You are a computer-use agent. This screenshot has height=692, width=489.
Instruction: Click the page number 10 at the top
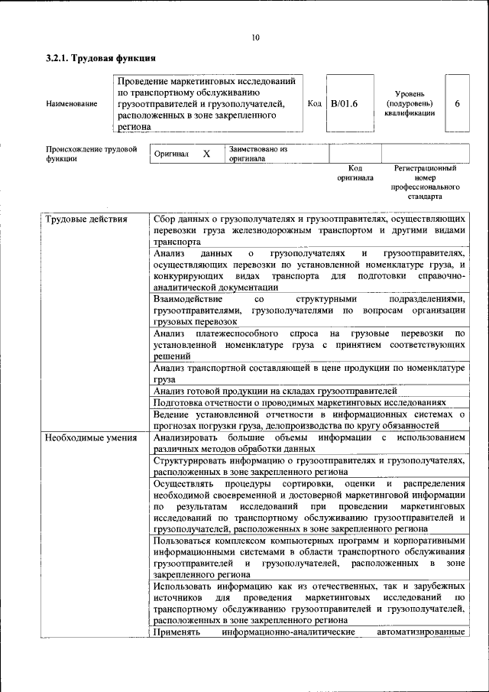click(255, 37)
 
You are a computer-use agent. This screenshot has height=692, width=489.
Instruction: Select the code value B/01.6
click(344, 103)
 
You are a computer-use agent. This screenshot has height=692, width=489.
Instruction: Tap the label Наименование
click(72, 103)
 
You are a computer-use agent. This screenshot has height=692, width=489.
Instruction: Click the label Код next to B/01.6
click(314, 103)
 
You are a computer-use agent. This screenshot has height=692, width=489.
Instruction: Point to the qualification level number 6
click(457, 103)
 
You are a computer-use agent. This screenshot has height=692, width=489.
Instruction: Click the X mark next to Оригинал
click(206, 154)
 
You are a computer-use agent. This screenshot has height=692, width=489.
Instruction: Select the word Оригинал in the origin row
click(172, 154)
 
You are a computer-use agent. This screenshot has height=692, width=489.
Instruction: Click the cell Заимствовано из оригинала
click(257, 154)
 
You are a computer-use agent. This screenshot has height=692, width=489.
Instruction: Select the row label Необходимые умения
click(91, 438)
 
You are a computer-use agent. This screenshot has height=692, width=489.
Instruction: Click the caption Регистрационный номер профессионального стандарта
click(425, 181)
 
